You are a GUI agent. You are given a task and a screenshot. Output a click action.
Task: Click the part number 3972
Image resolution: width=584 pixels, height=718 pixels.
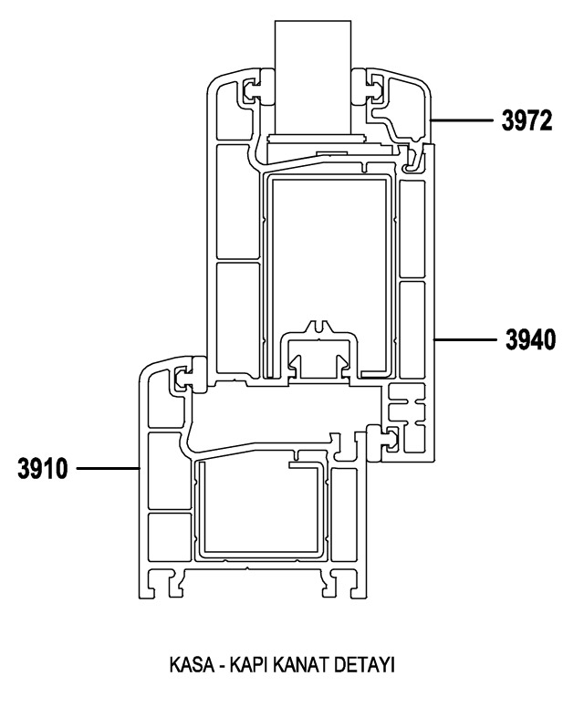tap(527, 121)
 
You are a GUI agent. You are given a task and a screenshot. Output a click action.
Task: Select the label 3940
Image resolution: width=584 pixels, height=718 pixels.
tap(530, 339)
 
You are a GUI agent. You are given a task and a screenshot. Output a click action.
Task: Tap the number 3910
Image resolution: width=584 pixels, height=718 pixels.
tap(43, 468)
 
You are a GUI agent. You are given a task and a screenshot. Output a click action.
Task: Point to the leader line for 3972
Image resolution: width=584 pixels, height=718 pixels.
tap(462, 120)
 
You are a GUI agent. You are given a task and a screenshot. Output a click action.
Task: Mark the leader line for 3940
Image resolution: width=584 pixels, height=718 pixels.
tap(465, 339)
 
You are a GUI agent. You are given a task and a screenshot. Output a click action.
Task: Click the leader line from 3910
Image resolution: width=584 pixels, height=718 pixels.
tap(108, 468)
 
